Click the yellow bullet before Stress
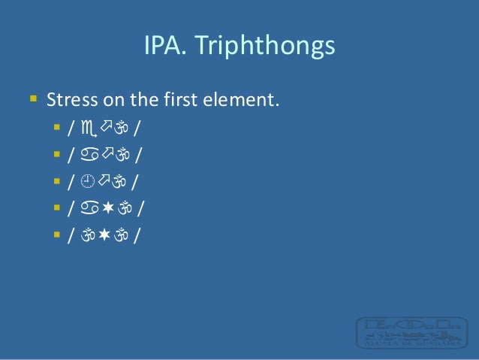coord(33,98)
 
